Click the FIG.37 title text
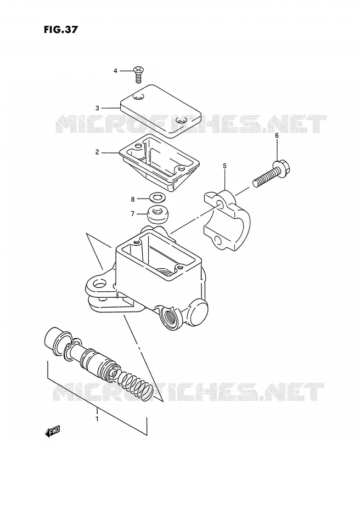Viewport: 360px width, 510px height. click(61, 30)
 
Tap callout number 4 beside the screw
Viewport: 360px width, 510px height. click(115, 71)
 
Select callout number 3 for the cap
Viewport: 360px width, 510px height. click(97, 108)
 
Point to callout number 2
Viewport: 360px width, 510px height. click(97, 152)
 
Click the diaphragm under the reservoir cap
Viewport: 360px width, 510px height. click(159, 163)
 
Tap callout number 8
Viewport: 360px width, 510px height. click(133, 199)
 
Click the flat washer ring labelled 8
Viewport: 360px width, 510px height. click(157, 197)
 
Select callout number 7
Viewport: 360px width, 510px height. click(133, 214)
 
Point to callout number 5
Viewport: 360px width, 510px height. click(224, 166)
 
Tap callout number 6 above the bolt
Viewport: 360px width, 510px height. click(277, 135)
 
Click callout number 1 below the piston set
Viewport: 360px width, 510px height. click(97, 419)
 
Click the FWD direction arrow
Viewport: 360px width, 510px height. click(52, 432)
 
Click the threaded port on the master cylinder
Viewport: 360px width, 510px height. click(170, 316)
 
